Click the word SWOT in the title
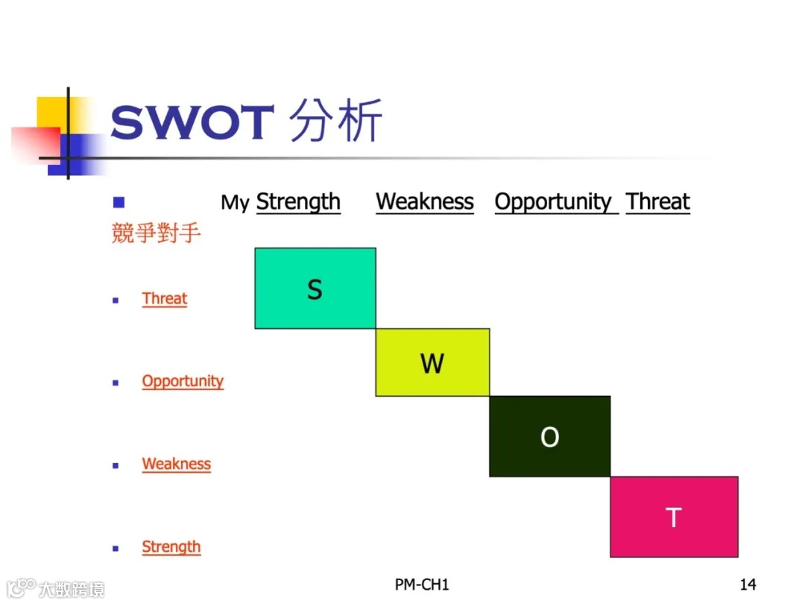point(192,123)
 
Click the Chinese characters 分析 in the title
point(335,121)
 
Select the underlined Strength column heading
point(298,202)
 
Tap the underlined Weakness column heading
point(425,202)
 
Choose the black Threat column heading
point(658,202)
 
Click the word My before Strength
point(235,203)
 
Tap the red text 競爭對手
point(156,233)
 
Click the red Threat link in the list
point(165,299)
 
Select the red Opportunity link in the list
point(183,381)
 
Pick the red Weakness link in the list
point(177,464)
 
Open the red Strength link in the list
point(171,547)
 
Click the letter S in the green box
point(315,289)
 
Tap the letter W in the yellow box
point(432,364)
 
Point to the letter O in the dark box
point(549,437)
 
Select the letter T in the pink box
point(673,518)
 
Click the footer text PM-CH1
point(422,584)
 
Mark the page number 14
point(748,584)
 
